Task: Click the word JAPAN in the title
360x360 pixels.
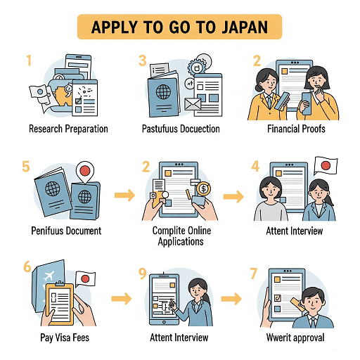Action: (x=245, y=27)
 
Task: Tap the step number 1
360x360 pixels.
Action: (x=29, y=60)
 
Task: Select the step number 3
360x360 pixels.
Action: (x=143, y=60)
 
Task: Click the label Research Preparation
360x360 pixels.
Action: (x=68, y=129)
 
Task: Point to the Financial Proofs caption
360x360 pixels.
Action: (x=296, y=129)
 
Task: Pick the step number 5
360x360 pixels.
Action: (x=26, y=167)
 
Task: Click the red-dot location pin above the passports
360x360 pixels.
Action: (x=85, y=172)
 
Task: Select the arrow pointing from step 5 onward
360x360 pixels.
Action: (x=124, y=195)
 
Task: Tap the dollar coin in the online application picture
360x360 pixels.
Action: (x=203, y=188)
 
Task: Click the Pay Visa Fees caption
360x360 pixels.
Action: (x=65, y=337)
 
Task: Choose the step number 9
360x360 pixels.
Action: (x=143, y=274)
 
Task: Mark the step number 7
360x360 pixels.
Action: (x=254, y=274)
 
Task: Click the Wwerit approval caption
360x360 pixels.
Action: (x=295, y=337)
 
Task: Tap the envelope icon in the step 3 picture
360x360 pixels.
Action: (x=193, y=104)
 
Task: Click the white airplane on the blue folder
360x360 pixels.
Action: (x=49, y=276)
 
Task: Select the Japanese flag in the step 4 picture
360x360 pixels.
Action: (x=326, y=166)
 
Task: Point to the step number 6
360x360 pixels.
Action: (x=27, y=266)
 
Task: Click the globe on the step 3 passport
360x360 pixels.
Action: (x=163, y=91)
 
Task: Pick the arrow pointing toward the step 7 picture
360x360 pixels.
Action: (x=231, y=299)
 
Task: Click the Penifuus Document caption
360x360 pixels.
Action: (x=66, y=231)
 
